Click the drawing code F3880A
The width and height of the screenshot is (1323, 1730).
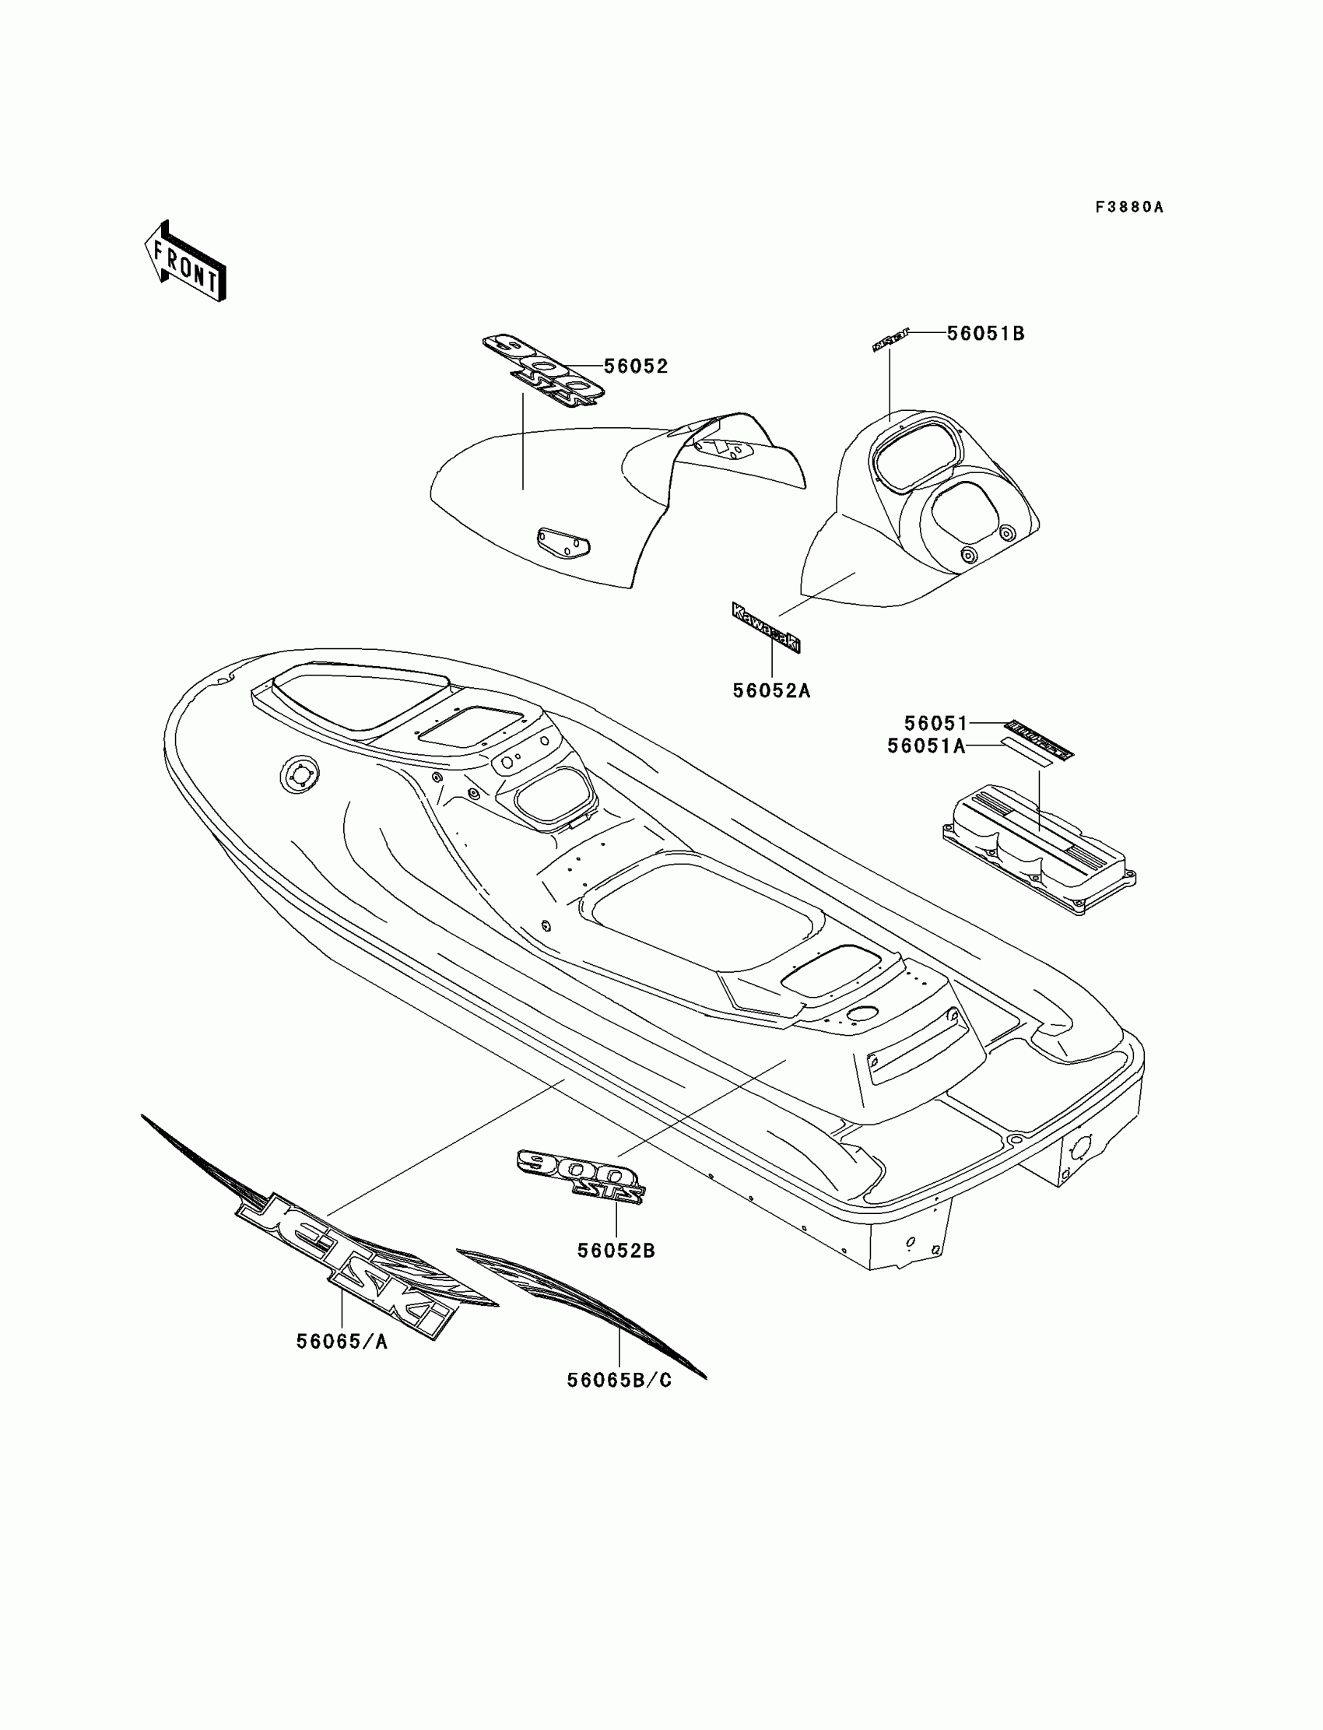(x=1129, y=207)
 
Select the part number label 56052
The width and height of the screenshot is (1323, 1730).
(x=636, y=367)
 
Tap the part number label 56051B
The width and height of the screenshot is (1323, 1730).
(x=985, y=334)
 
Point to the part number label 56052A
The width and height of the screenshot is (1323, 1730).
(x=771, y=690)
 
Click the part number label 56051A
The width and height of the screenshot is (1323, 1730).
(x=926, y=746)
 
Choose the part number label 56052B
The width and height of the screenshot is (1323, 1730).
(x=616, y=1251)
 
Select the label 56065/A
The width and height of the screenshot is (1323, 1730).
(x=342, y=1342)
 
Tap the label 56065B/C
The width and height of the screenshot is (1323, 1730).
(x=619, y=1381)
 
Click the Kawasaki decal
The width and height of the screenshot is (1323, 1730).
(x=766, y=626)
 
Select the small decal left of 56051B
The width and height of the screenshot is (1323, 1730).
(x=890, y=340)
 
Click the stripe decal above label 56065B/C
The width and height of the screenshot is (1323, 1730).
(x=583, y=1308)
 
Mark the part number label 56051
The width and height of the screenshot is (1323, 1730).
(x=935, y=723)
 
